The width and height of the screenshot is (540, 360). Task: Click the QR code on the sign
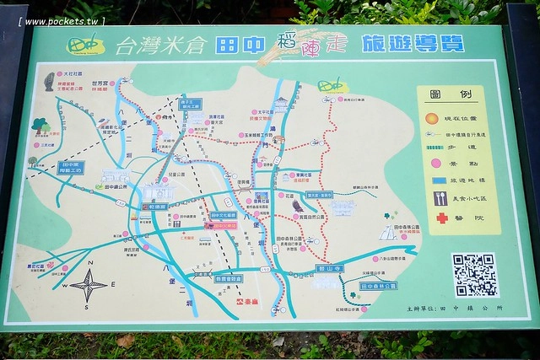click(x=475, y=275)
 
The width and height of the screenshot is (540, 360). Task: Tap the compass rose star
click(x=88, y=285)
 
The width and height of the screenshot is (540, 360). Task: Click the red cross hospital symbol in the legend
click(x=440, y=218)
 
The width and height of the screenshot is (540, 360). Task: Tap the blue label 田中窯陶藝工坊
click(x=72, y=168)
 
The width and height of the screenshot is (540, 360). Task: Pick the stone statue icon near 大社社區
click(x=49, y=83)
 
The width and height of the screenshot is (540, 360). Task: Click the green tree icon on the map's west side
click(x=40, y=126)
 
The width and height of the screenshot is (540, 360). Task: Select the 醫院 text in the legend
click(x=471, y=218)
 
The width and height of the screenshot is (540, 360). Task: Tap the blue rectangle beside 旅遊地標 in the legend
click(x=439, y=180)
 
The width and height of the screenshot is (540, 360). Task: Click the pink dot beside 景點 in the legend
click(x=435, y=162)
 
